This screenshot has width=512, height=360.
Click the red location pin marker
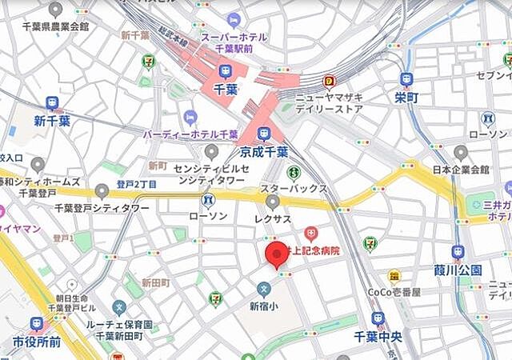tap(278, 255)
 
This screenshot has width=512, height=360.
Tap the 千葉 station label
tap(226, 89)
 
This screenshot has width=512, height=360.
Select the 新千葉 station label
tap(52, 121)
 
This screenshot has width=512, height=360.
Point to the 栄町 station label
tap(406, 97)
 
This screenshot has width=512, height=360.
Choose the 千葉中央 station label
tap(378, 337)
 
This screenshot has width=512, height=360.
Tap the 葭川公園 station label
tap(458, 269)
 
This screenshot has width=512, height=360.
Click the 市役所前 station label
tap(37, 342)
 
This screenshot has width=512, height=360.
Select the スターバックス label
tap(294, 188)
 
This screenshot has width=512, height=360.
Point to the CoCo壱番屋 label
tap(394, 292)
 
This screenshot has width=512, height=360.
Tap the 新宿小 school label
tap(263, 305)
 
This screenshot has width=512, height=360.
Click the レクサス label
tap(273, 216)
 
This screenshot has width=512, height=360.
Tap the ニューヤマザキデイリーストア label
tap(329, 102)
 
